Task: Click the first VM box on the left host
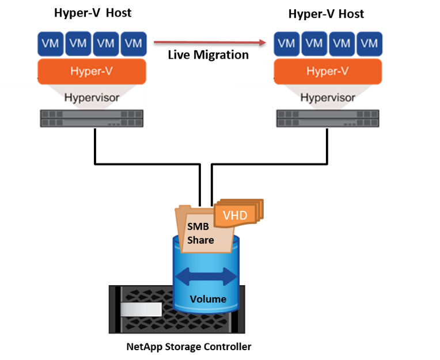pyautogui.click(x=50, y=43)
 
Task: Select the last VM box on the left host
pyautogui.click(x=134, y=43)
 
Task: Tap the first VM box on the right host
pyautogui.click(x=286, y=43)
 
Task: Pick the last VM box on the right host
pyautogui.click(x=370, y=43)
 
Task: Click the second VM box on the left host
pyautogui.click(x=78, y=43)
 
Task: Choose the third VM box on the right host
pyautogui.click(x=342, y=43)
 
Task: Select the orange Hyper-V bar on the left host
pyautogui.click(x=92, y=71)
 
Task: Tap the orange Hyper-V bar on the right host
pyautogui.click(x=328, y=71)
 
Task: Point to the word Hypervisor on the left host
pyautogui.click(x=92, y=97)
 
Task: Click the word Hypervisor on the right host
pyautogui.click(x=328, y=97)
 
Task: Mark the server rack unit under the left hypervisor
pyautogui.click(x=92, y=118)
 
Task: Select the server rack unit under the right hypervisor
pyautogui.click(x=328, y=118)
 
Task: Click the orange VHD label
pyautogui.click(x=235, y=215)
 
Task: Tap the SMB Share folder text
pyautogui.click(x=200, y=233)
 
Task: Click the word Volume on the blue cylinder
pyautogui.click(x=208, y=299)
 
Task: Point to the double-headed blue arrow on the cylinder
pyautogui.click(x=206, y=277)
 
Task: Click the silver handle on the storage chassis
pyautogui.click(x=141, y=310)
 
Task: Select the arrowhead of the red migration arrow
pyautogui.click(x=264, y=42)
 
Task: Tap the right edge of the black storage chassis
pyautogui.click(x=242, y=309)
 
